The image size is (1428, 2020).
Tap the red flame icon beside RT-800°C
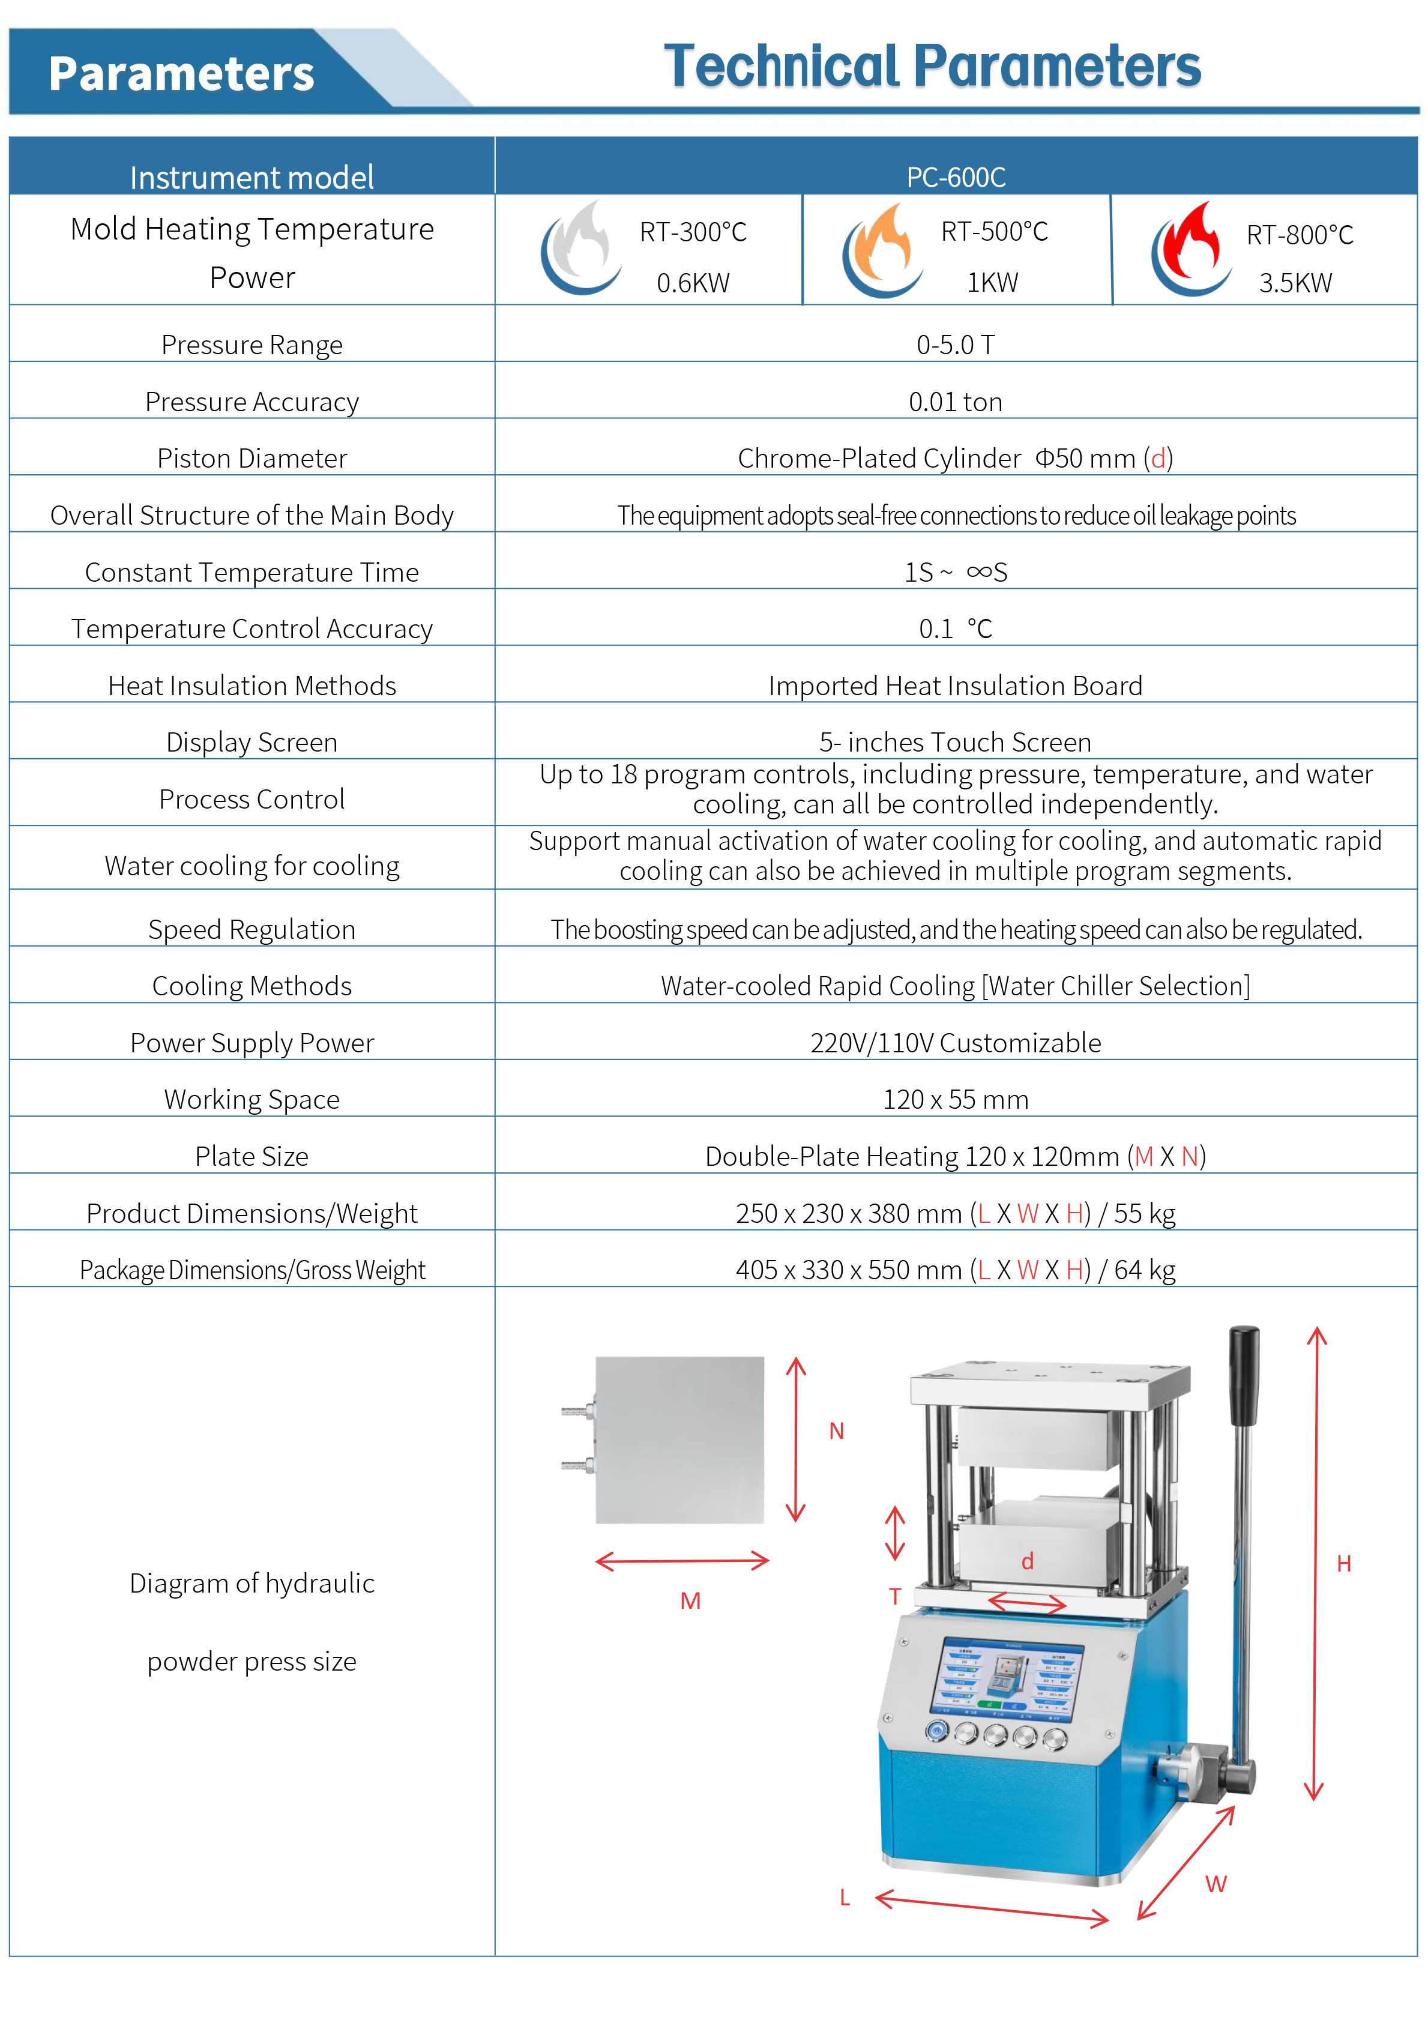click(1190, 250)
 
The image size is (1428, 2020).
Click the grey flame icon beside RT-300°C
click(579, 247)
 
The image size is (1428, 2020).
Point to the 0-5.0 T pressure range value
click(956, 345)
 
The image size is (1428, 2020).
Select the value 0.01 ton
click(956, 402)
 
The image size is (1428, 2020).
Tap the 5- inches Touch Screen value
click(956, 743)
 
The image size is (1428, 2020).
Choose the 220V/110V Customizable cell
click(956, 1043)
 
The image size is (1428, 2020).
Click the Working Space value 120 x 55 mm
click(956, 1100)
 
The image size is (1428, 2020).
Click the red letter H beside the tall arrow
click(1343, 1563)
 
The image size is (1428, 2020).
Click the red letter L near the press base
click(845, 1898)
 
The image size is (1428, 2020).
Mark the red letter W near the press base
click(1216, 1884)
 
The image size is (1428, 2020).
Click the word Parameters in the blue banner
click(181, 74)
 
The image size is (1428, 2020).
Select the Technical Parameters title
click(933, 67)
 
